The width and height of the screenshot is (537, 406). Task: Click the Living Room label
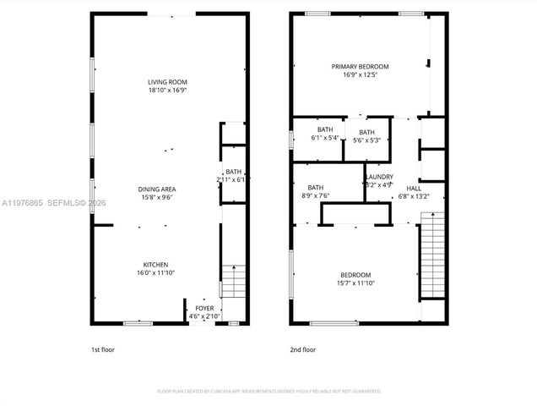[x=167, y=81]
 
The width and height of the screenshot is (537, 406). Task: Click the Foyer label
[x=204, y=308]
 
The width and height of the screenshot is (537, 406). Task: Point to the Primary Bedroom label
[x=360, y=66]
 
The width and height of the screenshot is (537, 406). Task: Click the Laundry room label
[x=379, y=177]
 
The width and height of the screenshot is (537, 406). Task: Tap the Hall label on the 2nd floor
[x=413, y=188]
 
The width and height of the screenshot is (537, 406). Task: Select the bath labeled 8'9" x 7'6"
[x=315, y=188]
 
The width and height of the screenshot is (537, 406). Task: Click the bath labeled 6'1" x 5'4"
[x=324, y=132]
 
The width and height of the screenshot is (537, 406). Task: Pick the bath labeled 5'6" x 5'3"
[x=366, y=132]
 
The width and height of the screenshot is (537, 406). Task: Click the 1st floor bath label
[x=233, y=172]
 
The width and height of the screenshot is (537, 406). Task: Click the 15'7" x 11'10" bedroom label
[x=355, y=275]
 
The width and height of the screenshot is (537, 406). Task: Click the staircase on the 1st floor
[x=234, y=283]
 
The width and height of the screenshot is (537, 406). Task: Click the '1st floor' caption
[x=103, y=348]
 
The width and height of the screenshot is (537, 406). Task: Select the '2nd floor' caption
[x=302, y=348]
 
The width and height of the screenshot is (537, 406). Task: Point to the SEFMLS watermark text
[x=64, y=203]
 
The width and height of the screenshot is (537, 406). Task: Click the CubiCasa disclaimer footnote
[x=268, y=392]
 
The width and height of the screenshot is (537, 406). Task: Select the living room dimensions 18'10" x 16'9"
[x=167, y=89]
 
